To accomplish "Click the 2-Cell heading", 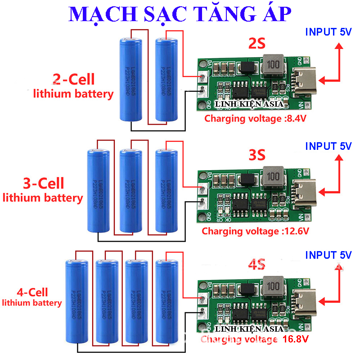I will click(x=74, y=80).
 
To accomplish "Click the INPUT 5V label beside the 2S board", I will click(x=328, y=32).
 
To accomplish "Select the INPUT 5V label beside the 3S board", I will click(x=328, y=146).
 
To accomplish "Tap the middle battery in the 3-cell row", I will click(x=131, y=191).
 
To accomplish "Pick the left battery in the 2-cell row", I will click(x=131, y=80).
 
